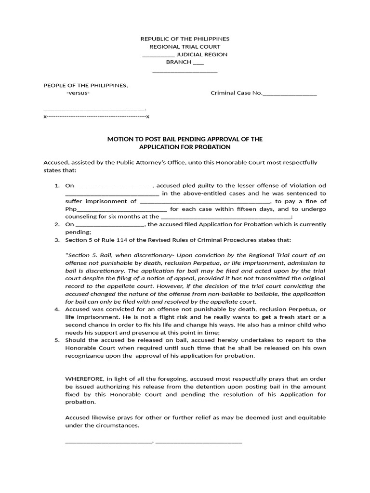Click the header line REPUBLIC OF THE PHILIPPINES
(x=185, y=39)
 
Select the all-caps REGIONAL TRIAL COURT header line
(x=185, y=47)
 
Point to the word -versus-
(x=78, y=93)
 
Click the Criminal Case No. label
(x=236, y=93)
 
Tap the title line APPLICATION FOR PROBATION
(x=185, y=147)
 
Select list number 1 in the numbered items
(x=56, y=186)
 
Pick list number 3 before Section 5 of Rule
(x=56, y=240)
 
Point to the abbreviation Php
(x=71, y=209)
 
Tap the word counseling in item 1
(x=80, y=217)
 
